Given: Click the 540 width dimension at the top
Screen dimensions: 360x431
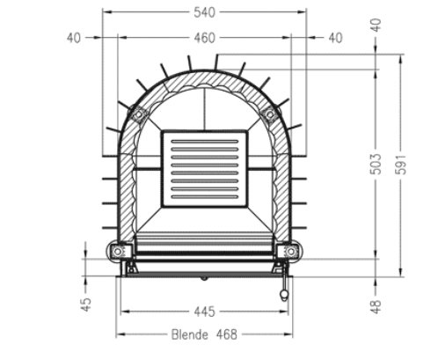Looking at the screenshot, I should pos(204,11).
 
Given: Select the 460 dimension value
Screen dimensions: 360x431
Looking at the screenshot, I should pos(204,38).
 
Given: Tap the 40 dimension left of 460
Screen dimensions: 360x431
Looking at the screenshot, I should pos(73,38).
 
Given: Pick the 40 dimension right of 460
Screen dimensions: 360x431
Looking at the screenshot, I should pos(335,38).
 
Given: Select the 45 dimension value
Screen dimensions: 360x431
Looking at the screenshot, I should pos(85,305).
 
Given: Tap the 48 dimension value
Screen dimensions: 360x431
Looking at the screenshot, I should pos(376,305).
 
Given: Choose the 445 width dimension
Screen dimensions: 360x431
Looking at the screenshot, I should pos(204,311).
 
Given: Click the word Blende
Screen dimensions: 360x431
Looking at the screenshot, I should pos(189,334).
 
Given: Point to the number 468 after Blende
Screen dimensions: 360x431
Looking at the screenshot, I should pos(228,334).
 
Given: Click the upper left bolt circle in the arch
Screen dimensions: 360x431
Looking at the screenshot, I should pos(138,114).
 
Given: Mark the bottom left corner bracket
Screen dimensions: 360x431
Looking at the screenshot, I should pos(118,253).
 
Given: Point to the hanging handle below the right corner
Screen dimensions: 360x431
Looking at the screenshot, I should pos(284,290).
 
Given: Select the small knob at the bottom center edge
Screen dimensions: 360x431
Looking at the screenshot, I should pos(204,277).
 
